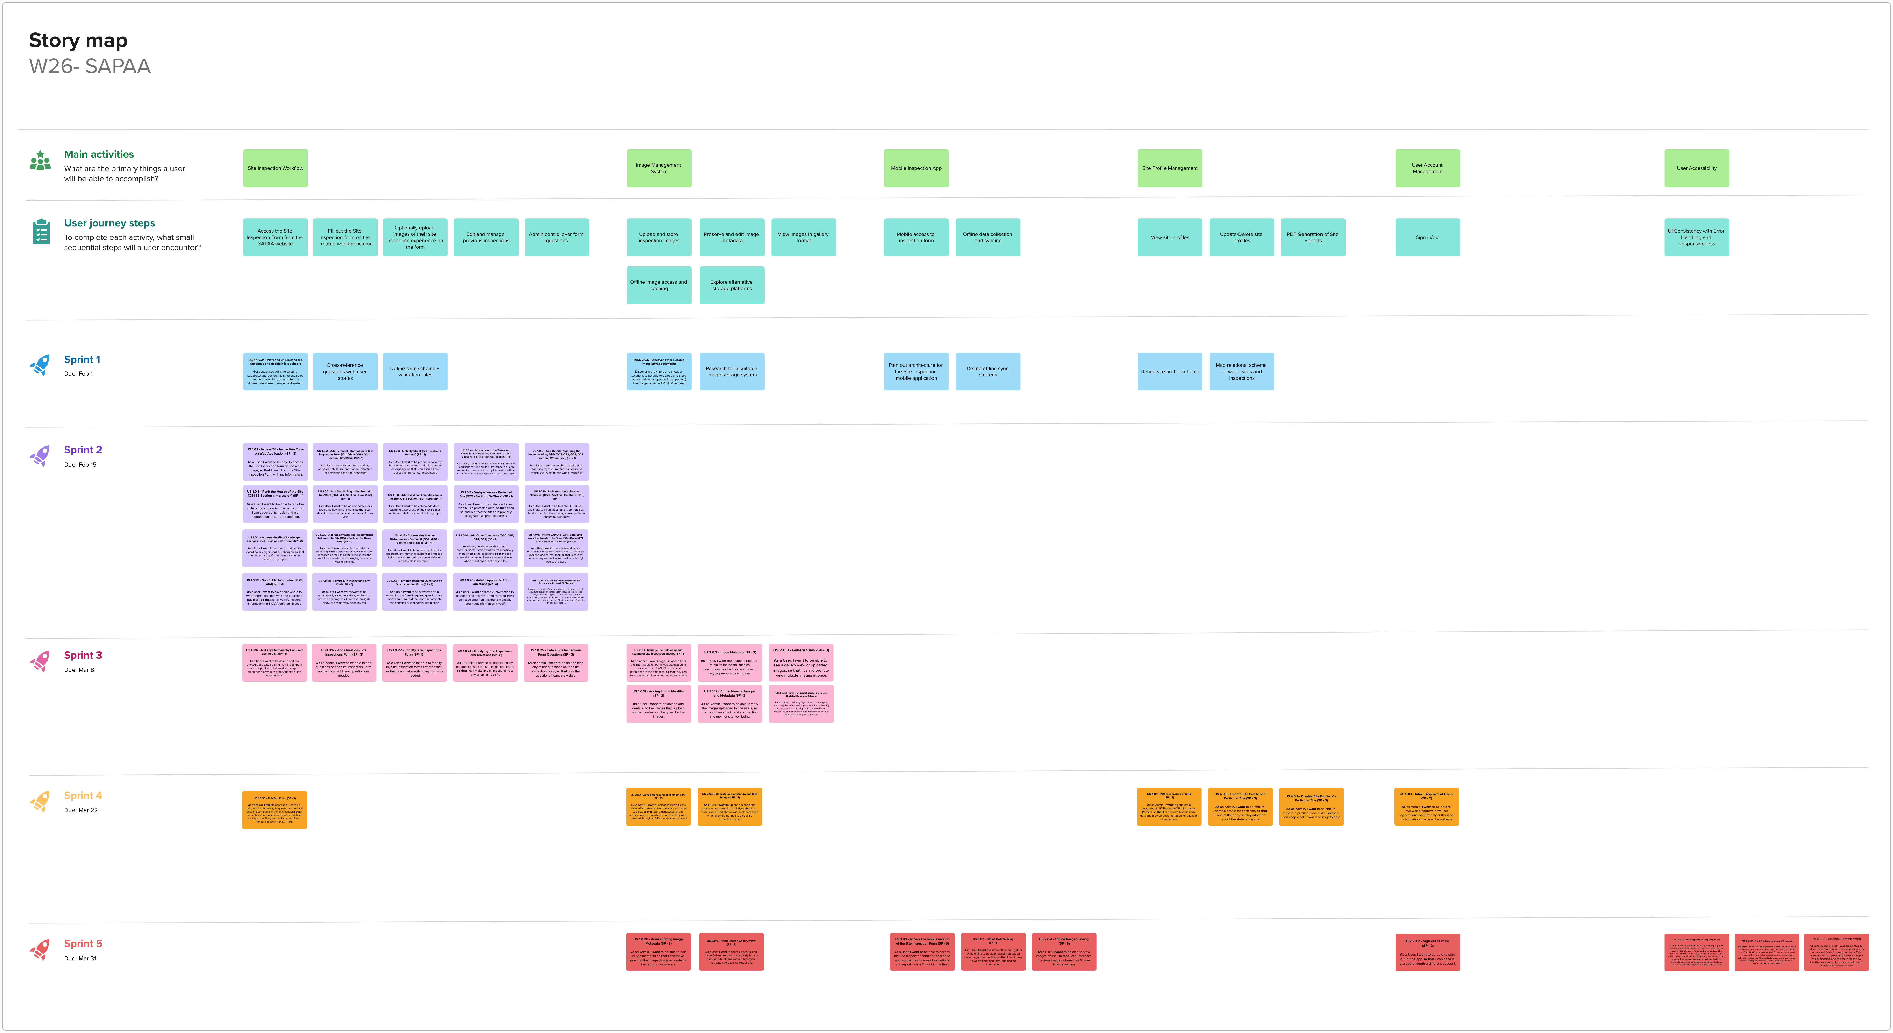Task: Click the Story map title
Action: tap(78, 40)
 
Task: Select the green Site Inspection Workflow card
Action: tap(275, 168)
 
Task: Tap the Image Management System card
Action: tap(658, 168)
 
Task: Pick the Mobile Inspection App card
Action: tap(916, 168)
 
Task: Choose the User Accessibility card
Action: tap(1696, 168)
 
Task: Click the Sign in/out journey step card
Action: tap(1427, 237)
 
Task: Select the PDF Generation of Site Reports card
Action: tap(1312, 237)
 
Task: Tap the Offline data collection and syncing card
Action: tap(988, 237)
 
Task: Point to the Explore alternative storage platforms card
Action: tap(731, 285)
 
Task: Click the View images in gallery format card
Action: tap(803, 237)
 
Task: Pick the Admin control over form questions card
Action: tap(556, 237)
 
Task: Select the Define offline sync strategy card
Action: tap(988, 372)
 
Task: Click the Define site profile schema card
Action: tap(1169, 372)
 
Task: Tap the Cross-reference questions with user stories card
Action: tap(345, 372)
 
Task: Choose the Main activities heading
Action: tap(98, 154)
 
